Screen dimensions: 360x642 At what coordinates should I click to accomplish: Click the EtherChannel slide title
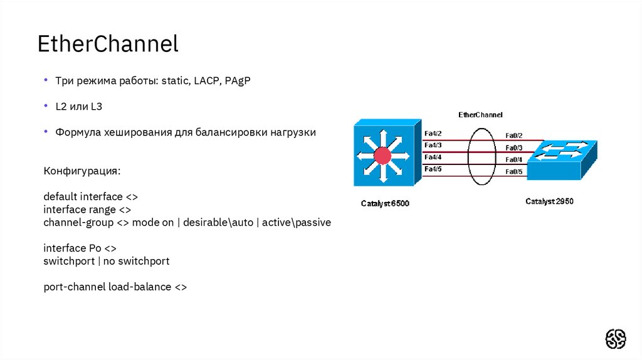pos(108,44)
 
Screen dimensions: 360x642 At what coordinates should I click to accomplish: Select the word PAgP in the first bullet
pos(237,82)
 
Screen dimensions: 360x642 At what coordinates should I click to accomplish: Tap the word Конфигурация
pos(82,171)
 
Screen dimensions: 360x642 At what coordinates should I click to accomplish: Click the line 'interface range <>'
pos(87,209)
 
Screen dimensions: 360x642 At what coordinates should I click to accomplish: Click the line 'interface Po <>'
pos(80,248)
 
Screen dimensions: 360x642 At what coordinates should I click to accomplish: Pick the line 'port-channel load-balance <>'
pos(115,287)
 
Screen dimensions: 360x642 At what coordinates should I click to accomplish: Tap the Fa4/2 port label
pos(433,134)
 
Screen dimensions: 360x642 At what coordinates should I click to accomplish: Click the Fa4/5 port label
pos(433,169)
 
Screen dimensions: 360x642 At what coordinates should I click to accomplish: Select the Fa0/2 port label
pos(513,135)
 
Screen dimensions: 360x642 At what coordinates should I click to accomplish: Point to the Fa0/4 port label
pos(513,160)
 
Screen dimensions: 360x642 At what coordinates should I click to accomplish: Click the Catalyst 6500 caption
pos(385,203)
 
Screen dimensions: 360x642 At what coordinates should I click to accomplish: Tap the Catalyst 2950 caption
pos(549,201)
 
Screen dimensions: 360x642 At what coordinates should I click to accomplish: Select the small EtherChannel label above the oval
pos(480,115)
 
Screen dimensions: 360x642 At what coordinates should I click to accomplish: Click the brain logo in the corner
pos(615,339)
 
